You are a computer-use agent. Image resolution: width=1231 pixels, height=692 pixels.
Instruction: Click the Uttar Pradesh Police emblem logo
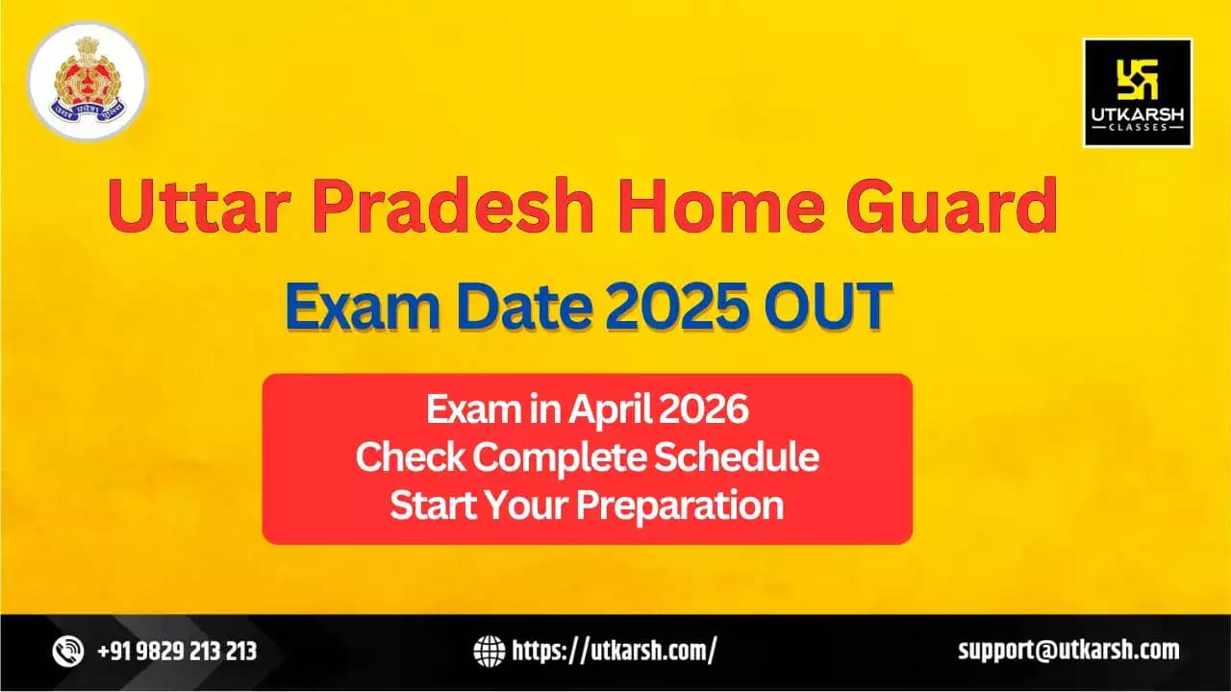(88, 81)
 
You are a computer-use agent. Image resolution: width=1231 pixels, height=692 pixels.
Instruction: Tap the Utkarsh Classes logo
(1138, 93)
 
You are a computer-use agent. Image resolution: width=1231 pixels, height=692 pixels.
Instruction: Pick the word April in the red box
(611, 409)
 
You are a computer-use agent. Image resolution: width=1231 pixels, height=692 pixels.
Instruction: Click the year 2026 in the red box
(704, 408)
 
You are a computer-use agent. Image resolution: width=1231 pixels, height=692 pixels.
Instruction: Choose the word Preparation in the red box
(680, 507)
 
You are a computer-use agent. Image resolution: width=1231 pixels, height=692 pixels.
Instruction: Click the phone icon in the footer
(68, 652)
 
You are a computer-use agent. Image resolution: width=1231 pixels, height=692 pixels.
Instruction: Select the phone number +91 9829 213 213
(177, 652)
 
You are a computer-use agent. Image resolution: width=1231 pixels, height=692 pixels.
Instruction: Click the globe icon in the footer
(490, 652)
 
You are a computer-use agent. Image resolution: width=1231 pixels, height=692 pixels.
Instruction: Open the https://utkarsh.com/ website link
(615, 652)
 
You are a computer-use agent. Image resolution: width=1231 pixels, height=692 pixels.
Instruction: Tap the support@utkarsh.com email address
(1068, 651)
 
